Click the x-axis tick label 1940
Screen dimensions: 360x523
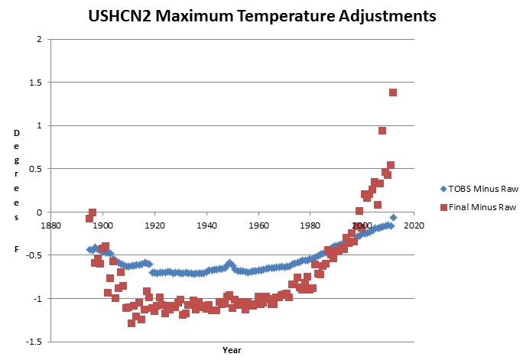206,226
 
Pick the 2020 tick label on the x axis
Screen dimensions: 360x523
414,226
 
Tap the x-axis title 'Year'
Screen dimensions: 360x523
232,350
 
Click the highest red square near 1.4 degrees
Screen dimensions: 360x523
393,92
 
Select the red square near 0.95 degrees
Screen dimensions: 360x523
382,131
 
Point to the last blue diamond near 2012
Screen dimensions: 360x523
394,218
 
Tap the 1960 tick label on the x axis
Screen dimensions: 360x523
258,226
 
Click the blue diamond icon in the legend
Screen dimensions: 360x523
431,186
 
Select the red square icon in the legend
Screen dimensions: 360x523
431,207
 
